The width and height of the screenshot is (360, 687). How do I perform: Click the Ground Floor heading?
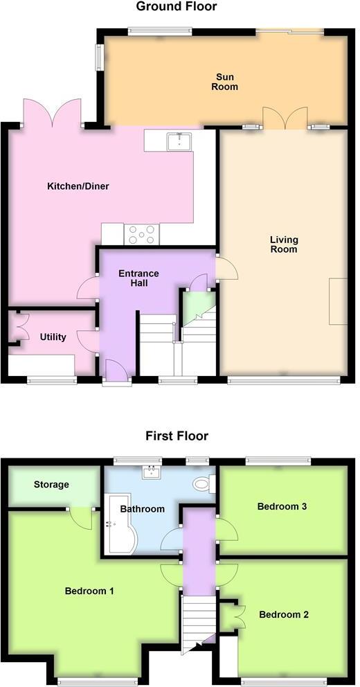(176, 7)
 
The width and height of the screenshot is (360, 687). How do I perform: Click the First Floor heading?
(177, 436)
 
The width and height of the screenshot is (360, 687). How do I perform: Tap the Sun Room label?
(226, 82)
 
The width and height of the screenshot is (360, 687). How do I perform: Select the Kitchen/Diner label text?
(78, 186)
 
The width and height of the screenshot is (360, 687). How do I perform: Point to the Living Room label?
(283, 244)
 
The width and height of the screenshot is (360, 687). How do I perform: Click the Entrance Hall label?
(138, 278)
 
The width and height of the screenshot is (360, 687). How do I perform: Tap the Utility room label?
(53, 337)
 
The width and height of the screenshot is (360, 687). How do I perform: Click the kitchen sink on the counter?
(179, 141)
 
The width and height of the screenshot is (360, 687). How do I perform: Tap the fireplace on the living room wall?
(338, 301)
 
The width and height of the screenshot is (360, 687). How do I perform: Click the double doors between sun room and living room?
(285, 118)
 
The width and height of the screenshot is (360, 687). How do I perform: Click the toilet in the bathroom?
(202, 484)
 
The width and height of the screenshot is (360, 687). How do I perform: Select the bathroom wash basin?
(151, 473)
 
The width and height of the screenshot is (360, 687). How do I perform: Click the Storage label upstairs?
(51, 485)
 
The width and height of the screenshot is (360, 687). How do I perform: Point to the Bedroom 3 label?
(282, 506)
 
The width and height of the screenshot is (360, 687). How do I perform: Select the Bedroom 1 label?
(89, 591)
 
